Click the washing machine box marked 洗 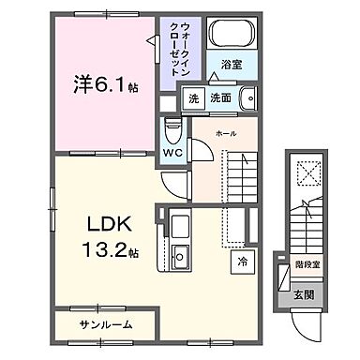click(192, 98)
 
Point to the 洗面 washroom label click(219, 98)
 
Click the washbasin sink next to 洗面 click(247, 98)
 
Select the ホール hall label click(226, 133)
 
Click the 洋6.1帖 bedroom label click(106, 84)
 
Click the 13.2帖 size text click(107, 252)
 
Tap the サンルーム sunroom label click(105, 323)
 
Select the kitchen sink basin click(179, 255)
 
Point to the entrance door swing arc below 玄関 click(302, 323)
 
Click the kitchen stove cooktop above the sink click(179, 226)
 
